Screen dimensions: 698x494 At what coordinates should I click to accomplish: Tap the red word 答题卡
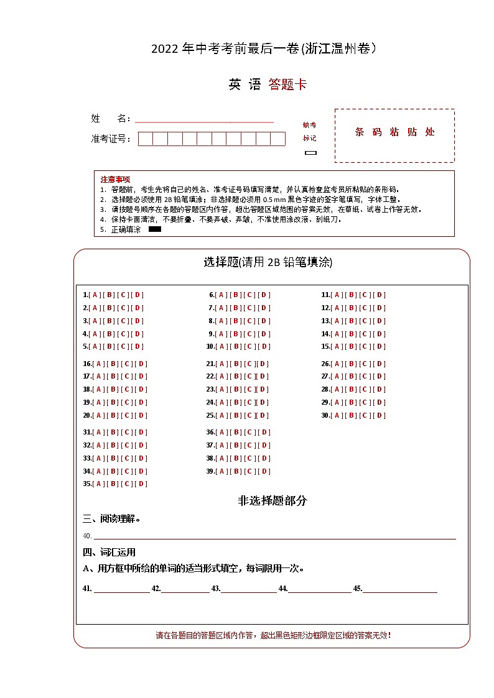click(287, 85)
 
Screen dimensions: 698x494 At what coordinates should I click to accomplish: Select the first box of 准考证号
click(145, 139)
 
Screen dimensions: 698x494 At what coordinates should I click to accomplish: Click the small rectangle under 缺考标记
click(310, 152)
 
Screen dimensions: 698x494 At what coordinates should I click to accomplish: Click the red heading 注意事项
click(115, 179)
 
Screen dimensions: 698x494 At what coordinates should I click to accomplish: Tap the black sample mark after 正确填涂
click(155, 229)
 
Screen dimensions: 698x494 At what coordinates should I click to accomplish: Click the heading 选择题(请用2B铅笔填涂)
click(268, 262)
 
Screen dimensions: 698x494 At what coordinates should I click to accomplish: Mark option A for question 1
click(96, 295)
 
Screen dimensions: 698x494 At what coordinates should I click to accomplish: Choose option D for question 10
click(264, 347)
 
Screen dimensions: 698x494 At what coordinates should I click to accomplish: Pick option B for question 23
click(236, 390)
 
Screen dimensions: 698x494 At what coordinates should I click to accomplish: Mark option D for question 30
click(380, 415)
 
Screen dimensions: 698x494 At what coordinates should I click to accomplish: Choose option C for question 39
click(250, 471)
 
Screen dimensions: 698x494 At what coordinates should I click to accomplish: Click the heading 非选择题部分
click(272, 500)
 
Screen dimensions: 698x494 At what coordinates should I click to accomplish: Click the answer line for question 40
click(274, 536)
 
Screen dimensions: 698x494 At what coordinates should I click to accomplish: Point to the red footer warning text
click(273, 635)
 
